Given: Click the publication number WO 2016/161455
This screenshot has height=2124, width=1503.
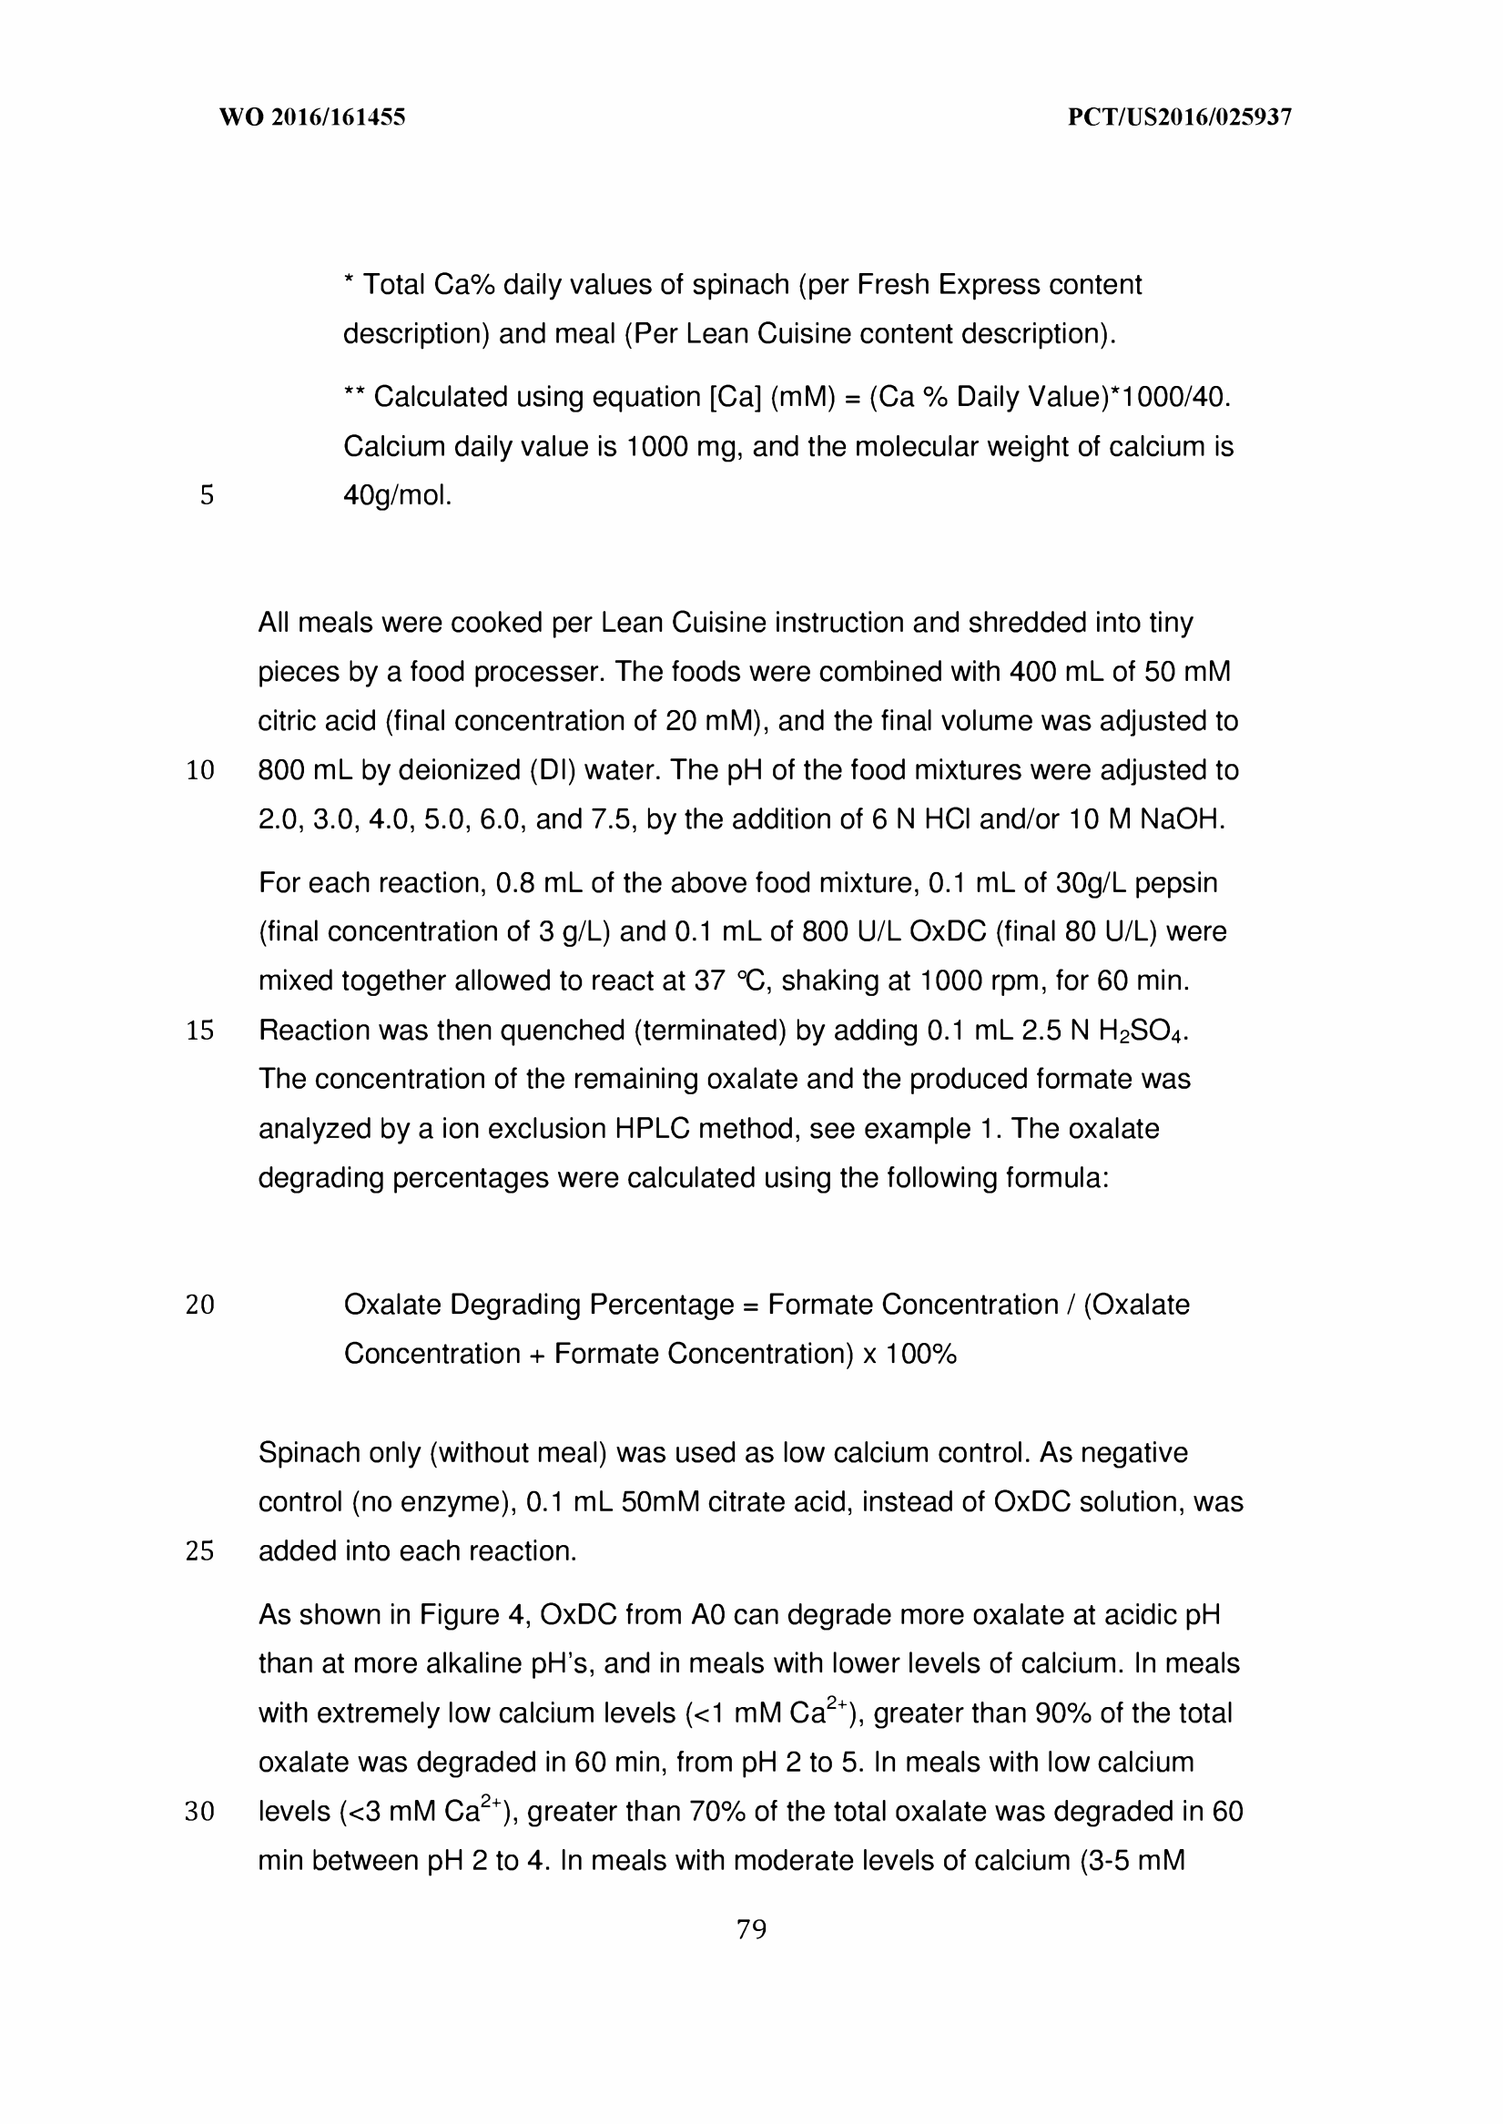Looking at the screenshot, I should click(x=312, y=117).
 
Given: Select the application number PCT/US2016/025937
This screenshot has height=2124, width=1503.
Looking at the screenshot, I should click(x=1179, y=117).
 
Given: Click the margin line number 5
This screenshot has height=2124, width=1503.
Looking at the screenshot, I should click(x=207, y=496).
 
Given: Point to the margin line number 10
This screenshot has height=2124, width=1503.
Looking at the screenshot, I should click(x=200, y=771).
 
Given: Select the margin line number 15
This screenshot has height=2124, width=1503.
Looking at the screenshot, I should click(x=200, y=1030).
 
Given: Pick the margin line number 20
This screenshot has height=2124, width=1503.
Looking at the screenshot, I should click(x=200, y=1305).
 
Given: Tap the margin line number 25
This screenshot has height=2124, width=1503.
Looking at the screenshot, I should click(x=200, y=1551).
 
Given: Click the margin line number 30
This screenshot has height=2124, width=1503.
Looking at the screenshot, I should click(x=200, y=1811).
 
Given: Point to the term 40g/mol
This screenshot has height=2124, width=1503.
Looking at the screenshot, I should click(x=397, y=496).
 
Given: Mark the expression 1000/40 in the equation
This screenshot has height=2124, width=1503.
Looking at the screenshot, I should click(x=1173, y=397).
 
